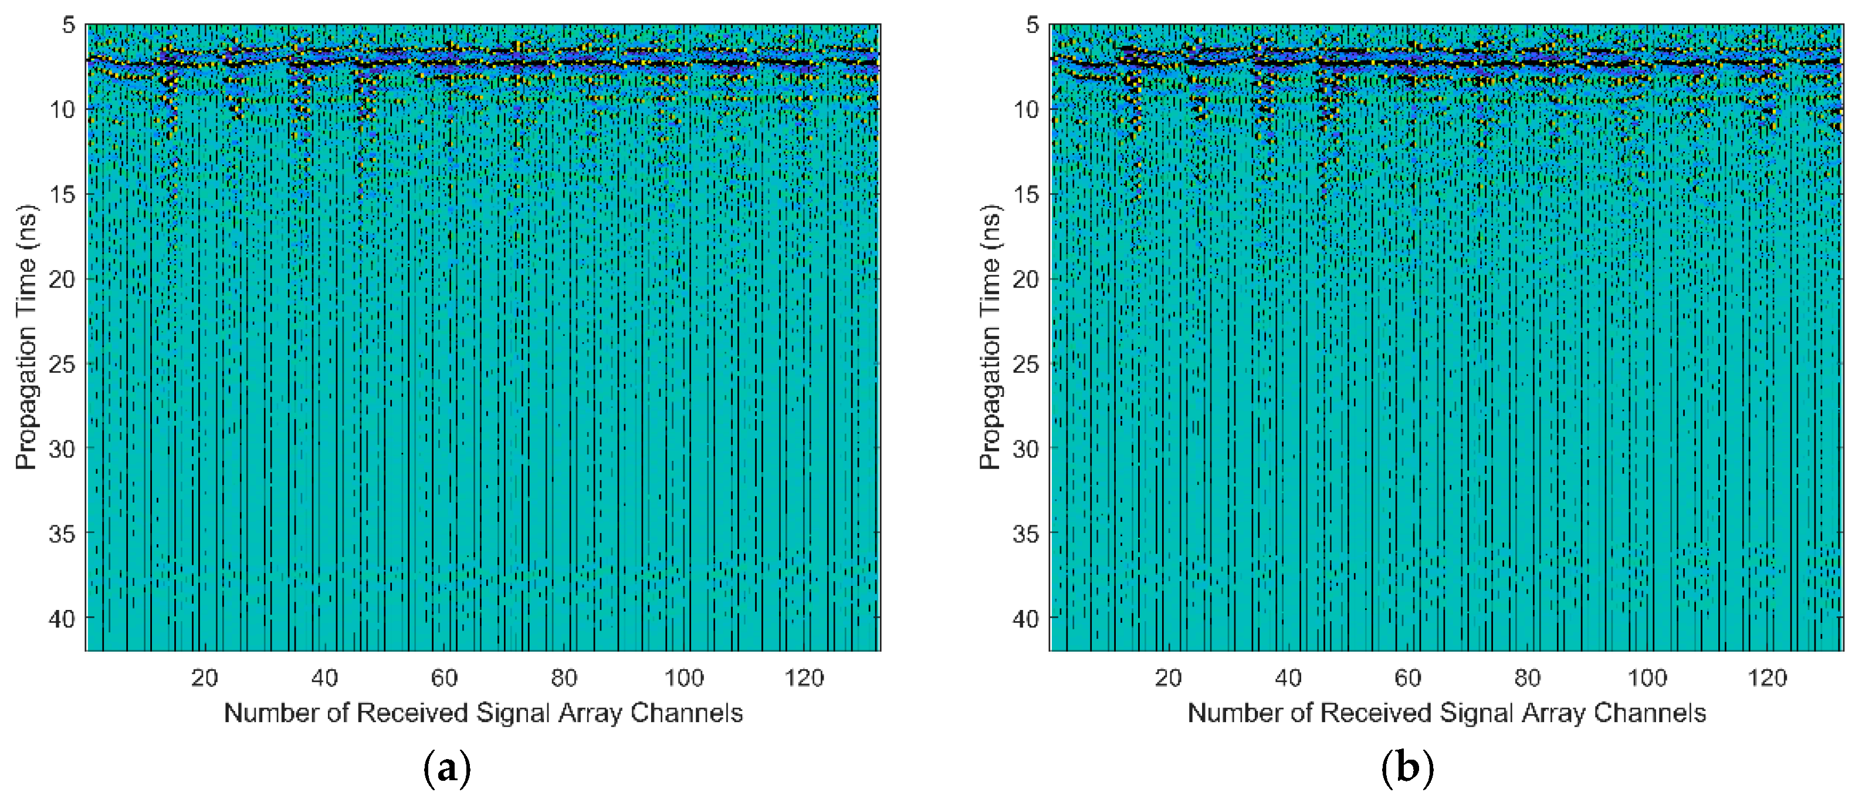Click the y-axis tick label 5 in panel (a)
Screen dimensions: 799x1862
(x=68, y=25)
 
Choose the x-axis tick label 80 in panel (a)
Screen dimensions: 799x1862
(x=564, y=677)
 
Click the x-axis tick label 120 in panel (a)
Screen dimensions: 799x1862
(x=804, y=677)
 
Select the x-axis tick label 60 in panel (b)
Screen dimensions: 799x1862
(x=1407, y=677)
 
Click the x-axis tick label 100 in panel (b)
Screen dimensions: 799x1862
(x=1647, y=677)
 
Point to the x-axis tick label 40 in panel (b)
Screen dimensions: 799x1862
(x=1287, y=677)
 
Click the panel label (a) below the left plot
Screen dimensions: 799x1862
(x=446, y=768)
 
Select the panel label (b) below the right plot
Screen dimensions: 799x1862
(x=1407, y=768)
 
